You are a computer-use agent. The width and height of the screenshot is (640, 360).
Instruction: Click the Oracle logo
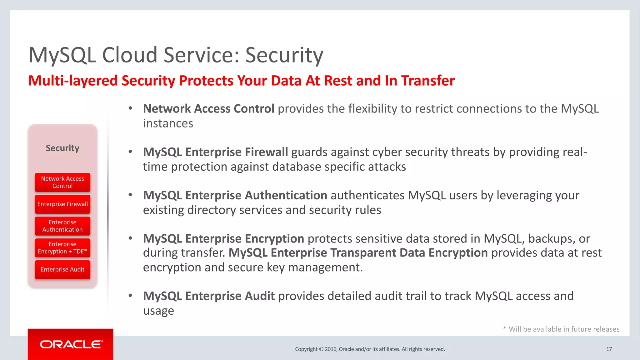pyautogui.click(x=71, y=344)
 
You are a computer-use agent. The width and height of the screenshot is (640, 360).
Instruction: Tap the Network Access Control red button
pyautogui.click(x=62, y=182)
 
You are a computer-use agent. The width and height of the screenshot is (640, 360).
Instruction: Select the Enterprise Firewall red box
pyautogui.click(x=62, y=204)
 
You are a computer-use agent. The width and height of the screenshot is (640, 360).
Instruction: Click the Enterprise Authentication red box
pyautogui.click(x=62, y=226)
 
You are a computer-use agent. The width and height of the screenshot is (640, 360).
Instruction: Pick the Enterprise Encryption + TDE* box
pyautogui.click(x=62, y=248)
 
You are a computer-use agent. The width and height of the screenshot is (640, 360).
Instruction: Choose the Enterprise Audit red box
pyautogui.click(x=62, y=269)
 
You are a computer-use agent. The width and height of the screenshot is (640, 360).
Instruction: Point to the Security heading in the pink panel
pyautogui.click(x=62, y=148)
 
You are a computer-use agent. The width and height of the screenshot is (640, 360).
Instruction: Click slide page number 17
pyautogui.click(x=609, y=349)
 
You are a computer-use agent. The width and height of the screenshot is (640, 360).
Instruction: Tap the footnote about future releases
pyautogui.click(x=561, y=329)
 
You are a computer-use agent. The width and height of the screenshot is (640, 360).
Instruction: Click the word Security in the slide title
pyautogui.click(x=284, y=55)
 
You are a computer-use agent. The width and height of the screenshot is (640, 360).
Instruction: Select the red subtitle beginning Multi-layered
pyautogui.click(x=241, y=81)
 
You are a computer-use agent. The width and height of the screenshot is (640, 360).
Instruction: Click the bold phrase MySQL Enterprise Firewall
pyautogui.click(x=215, y=152)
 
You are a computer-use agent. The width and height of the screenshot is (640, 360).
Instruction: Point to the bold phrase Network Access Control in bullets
pyautogui.click(x=208, y=109)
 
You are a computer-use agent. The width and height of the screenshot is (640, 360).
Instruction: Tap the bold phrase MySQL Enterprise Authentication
pyautogui.click(x=235, y=195)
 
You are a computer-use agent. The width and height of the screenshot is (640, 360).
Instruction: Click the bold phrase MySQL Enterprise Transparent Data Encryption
pyautogui.click(x=358, y=253)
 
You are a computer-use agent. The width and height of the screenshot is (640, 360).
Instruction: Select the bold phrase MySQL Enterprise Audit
pyautogui.click(x=209, y=296)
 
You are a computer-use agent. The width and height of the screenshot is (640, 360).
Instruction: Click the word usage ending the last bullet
pyautogui.click(x=158, y=311)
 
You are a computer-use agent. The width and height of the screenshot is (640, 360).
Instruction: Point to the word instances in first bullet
pyautogui.click(x=168, y=123)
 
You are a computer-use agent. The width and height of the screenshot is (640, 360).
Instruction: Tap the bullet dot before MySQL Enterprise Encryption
pyautogui.click(x=130, y=238)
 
